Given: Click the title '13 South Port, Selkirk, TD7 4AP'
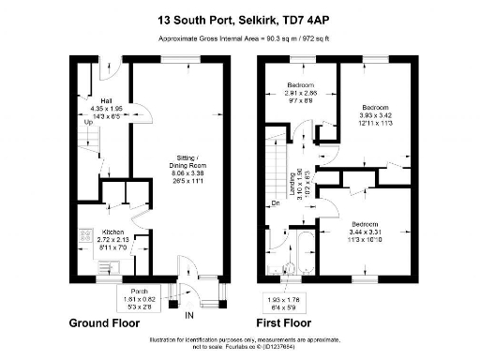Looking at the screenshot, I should pos(239,18).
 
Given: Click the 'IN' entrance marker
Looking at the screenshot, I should pos(189,313).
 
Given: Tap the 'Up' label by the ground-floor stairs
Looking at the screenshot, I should pos(88,122).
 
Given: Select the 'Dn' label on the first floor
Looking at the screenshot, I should pos(275,203).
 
